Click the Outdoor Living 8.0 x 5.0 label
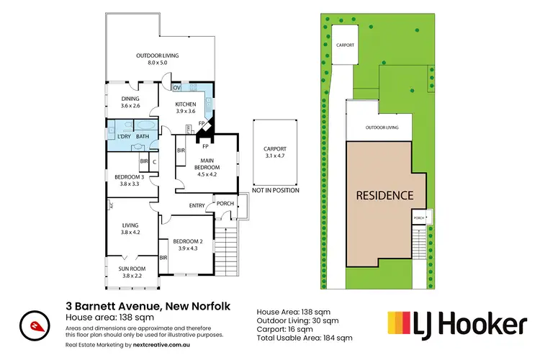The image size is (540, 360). [x=158, y=59]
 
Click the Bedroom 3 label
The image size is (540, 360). [x=130, y=181]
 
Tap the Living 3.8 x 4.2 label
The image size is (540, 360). [x=130, y=228]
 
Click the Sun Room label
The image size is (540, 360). [x=130, y=272]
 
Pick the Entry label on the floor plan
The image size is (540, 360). [x=197, y=206]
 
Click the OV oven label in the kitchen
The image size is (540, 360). [x=176, y=88]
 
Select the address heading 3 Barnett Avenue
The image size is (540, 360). [x=148, y=306]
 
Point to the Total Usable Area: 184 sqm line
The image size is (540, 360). [x=305, y=337]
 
